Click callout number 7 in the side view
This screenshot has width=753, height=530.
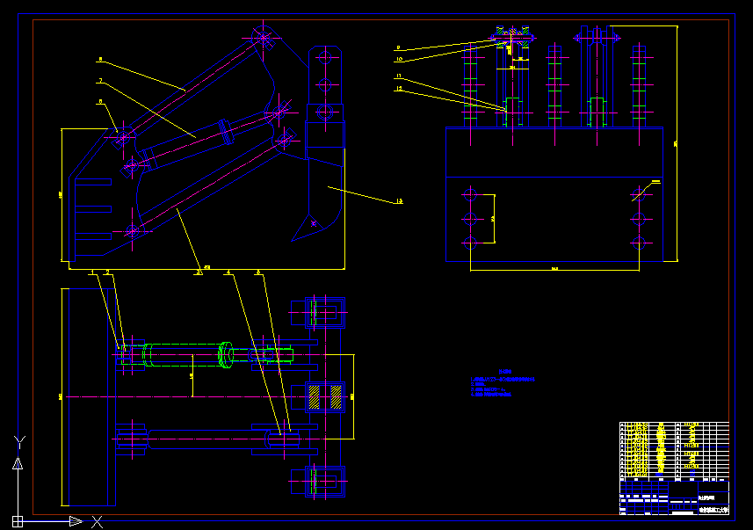point(100,80)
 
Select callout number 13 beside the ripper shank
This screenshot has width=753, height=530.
point(399,201)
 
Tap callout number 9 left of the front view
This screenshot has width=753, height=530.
point(398,47)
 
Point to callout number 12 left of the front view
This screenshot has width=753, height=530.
point(398,89)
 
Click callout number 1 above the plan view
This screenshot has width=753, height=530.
point(91,272)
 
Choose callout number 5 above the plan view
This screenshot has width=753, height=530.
point(257,272)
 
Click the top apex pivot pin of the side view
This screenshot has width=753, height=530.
point(263,38)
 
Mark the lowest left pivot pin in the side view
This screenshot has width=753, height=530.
point(132,231)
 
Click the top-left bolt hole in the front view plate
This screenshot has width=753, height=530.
point(471,193)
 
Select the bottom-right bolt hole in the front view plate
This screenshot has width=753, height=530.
point(639,242)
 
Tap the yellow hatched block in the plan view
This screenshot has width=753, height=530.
point(314,396)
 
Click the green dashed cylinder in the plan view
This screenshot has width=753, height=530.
point(185,353)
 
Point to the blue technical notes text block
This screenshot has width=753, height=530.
point(503,384)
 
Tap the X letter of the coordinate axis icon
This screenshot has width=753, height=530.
point(98,521)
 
